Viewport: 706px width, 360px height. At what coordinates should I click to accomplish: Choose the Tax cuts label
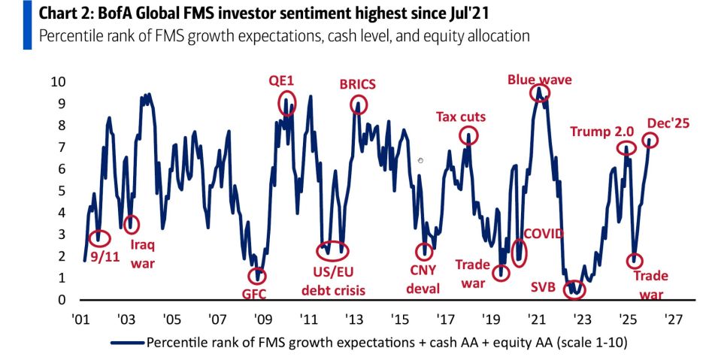coord(461,116)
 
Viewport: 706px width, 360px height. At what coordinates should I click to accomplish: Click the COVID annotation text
coord(543,234)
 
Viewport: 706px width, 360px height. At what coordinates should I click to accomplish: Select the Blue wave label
coord(539,79)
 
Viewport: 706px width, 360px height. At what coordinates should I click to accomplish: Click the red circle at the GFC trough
coord(257,276)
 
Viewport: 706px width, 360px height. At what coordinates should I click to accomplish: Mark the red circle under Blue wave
coord(539,93)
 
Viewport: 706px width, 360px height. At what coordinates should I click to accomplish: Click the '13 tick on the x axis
coord(352,318)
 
